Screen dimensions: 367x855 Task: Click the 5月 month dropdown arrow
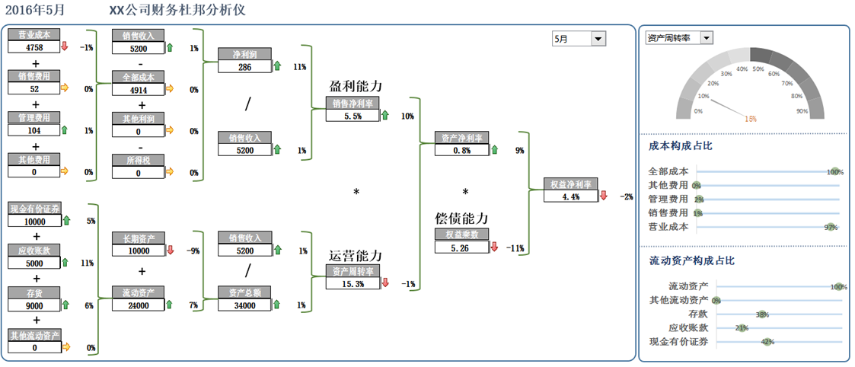click(x=598, y=39)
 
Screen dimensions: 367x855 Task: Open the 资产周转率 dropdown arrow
click(x=707, y=38)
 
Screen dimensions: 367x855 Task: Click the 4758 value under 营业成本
click(x=33, y=47)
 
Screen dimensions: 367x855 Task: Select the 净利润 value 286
click(x=244, y=67)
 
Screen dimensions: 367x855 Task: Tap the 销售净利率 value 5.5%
click(x=352, y=116)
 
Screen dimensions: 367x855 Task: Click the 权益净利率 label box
click(x=571, y=184)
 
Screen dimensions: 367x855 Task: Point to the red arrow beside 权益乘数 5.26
click(x=494, y=247)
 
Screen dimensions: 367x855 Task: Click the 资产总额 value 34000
click(x=244, y=305)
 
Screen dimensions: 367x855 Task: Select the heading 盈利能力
click(x=356, y=87)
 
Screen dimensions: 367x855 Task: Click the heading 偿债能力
click(x=461, y=219)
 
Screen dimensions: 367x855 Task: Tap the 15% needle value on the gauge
click(x=751, y=119)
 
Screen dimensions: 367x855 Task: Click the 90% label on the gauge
click(x=802, y=111)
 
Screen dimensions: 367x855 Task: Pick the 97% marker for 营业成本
click(x=831, y=227)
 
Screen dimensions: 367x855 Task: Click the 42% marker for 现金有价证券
click(x=767, y=342)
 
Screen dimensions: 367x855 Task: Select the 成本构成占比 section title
click(x=681, y=145)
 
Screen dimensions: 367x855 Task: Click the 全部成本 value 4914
click(x=138, y=90)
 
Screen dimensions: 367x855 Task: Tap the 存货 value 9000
click(x=33, y=306)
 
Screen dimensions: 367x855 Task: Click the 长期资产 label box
click(x=138, y=239)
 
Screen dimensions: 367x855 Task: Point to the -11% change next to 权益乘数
click(x=517, y=248)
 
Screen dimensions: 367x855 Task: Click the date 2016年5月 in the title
click(x=35, y=11)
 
